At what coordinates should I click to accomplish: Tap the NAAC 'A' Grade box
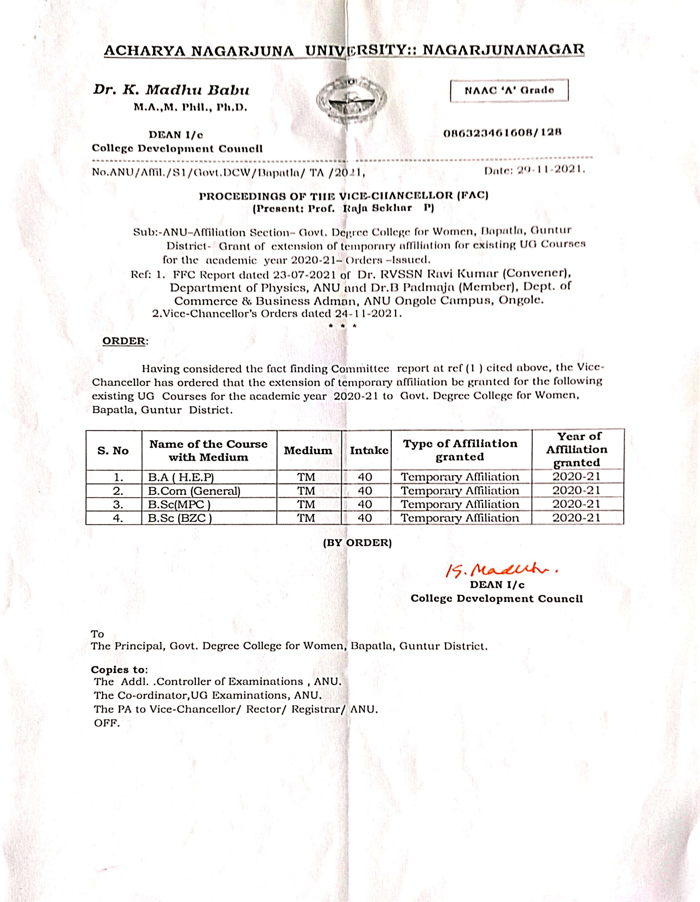coord(508,90)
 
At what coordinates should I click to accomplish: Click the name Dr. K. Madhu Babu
coord(171,90)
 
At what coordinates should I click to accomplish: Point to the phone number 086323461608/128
coord(502,133)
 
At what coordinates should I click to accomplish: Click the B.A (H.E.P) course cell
coord(181,477)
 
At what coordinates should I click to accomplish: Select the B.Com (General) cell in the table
coord(194,491)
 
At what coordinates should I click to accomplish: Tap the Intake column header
coord(369,451)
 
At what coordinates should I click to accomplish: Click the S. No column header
coord(113,451)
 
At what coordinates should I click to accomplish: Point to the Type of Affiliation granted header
coord(460,450)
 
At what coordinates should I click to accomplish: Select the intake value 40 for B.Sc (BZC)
coord(365,518)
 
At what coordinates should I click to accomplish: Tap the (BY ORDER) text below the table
coord(357,542)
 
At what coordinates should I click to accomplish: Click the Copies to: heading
coord(119,669)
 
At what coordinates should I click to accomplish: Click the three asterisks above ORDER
coord(342,326)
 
